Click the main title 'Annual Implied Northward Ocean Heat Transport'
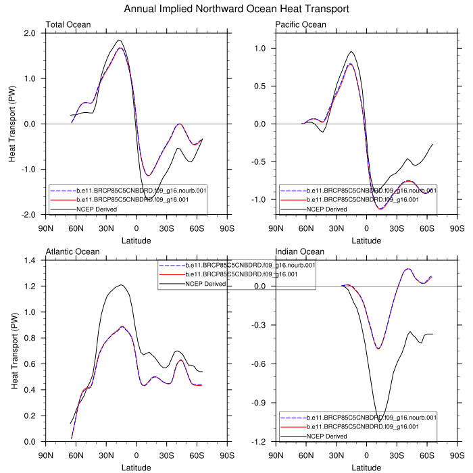tap(236, 9)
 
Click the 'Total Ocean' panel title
tap(68, 25)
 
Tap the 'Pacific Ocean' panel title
tap(301, 25)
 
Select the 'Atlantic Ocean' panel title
tap(72, 252)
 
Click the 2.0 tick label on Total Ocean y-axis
tap(30, 33)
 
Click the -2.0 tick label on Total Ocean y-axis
tap(28, 215)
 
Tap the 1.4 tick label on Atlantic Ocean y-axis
tap(30, 260)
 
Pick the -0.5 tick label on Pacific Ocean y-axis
tap(258, 162)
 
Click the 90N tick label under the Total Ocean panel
tap(46, 228)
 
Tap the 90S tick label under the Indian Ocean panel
tap(457, 455)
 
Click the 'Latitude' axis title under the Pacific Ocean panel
tap(366, 240)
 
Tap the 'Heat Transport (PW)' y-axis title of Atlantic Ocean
tap(14, 351)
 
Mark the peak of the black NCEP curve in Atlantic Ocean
tap(120, 285)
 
